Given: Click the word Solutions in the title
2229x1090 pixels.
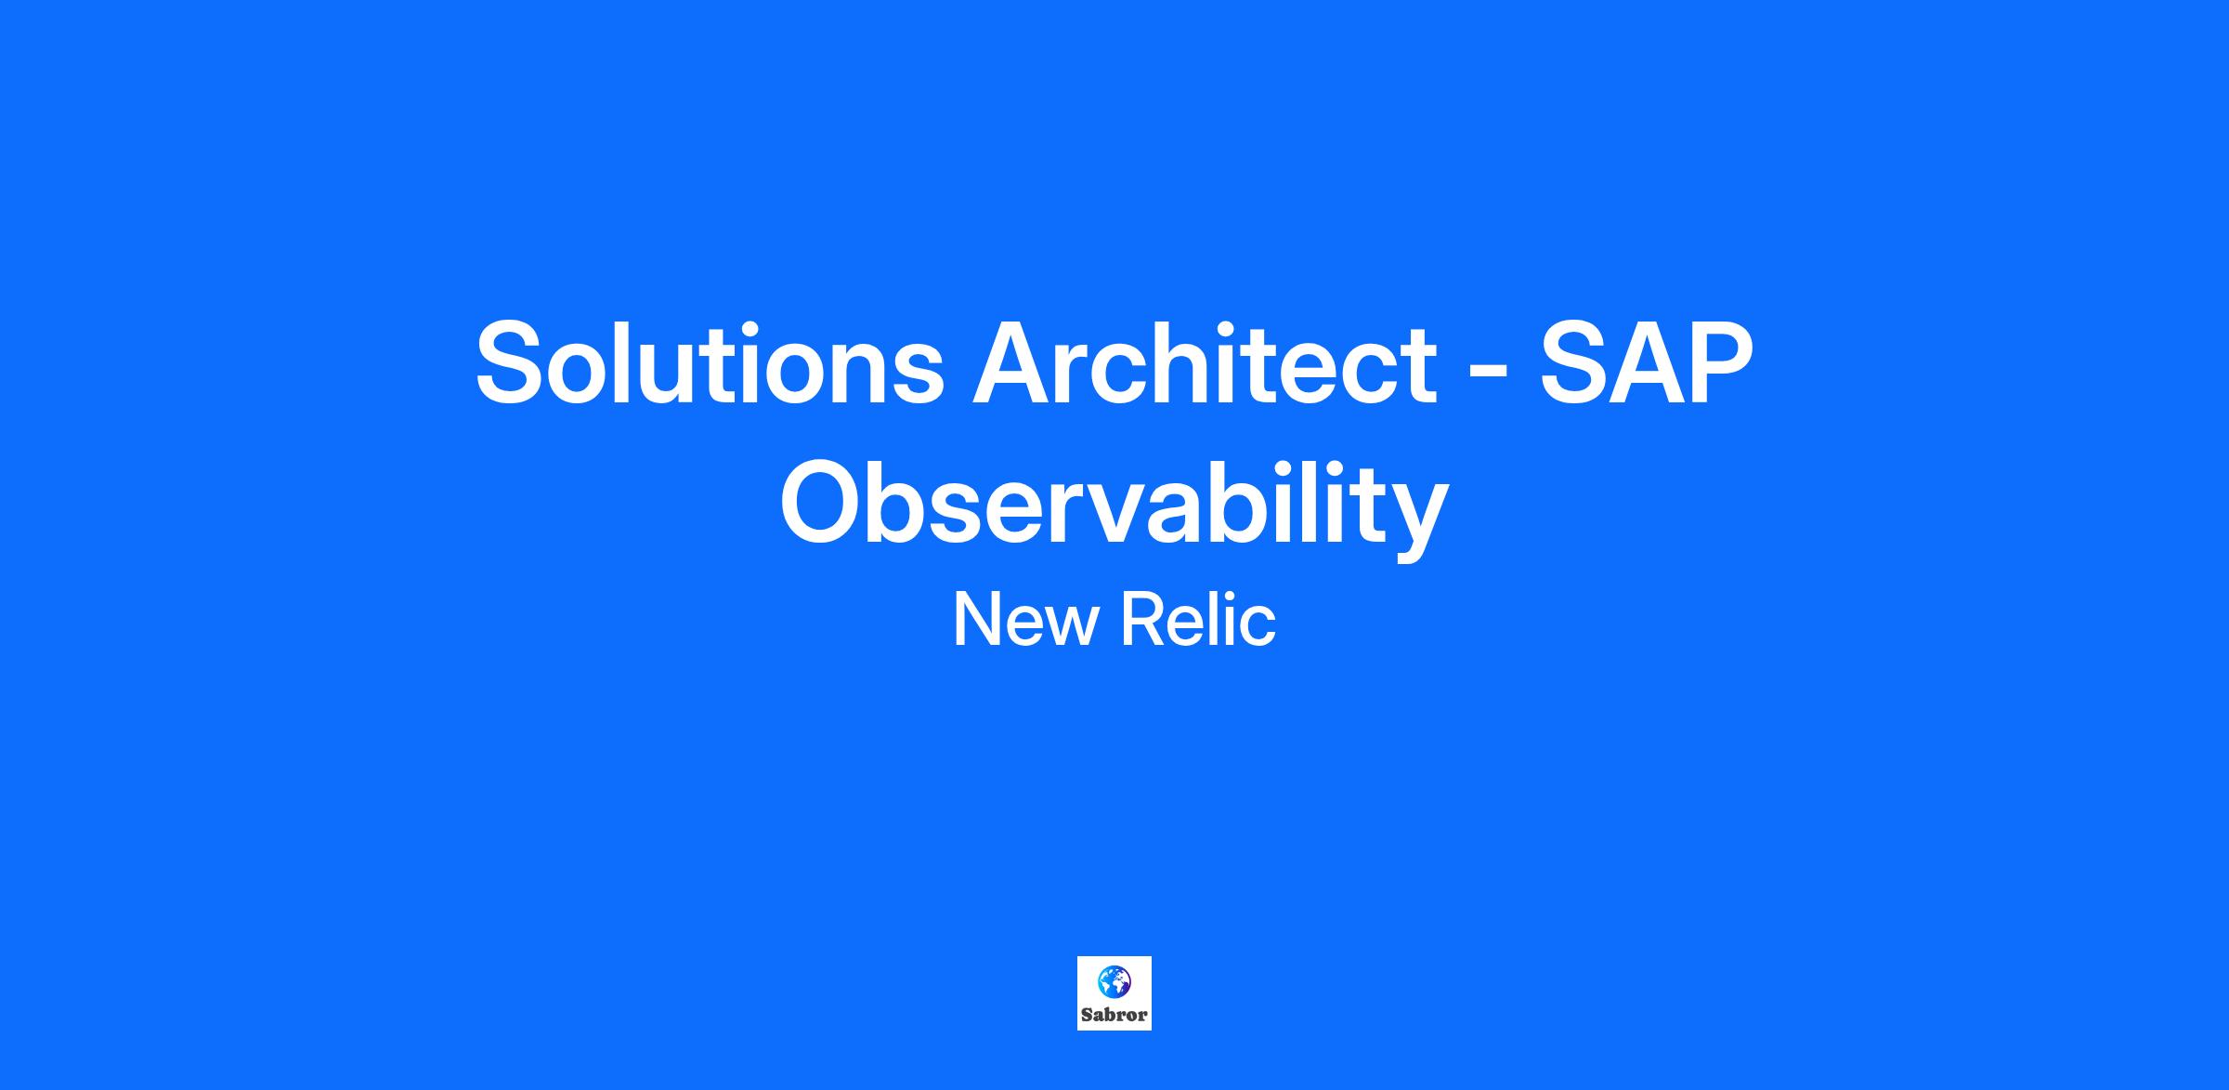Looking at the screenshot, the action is (x=710, y=362).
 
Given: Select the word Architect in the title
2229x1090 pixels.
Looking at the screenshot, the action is (x=1205, y=362).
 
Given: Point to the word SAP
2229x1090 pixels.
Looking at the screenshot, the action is (x=1646, y=362).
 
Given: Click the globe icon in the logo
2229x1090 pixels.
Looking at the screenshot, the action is (x=1114, y=980).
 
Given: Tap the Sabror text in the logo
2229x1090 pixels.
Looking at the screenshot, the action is (x=1114, y=1015).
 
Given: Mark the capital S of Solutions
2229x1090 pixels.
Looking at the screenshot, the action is (x=513, y=363).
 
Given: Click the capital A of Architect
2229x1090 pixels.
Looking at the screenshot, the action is (x=1014, y=362).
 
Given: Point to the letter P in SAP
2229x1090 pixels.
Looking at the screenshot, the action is (x=1719, y=362).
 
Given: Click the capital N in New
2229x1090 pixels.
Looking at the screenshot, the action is (x=975, y=620).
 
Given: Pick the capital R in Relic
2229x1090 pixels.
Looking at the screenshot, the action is (x=1143, y=620).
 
